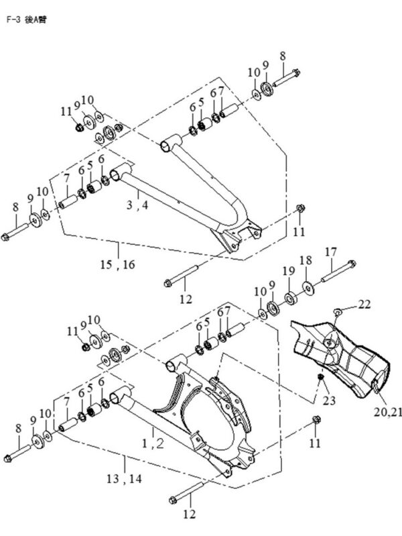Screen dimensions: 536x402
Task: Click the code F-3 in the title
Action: click(x=13, y=19)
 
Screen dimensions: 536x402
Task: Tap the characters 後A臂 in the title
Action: click(x=35, y=19)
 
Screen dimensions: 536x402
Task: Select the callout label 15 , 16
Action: click(x=119, y=264)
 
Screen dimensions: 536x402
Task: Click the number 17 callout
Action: click(x=331, y=251)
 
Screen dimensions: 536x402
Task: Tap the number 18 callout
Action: click(x=305, y=260)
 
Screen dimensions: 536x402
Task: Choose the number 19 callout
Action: click(x=287, y=270)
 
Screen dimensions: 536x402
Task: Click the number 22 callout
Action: click(x=363, y=304)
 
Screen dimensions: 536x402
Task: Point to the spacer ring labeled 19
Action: click(x=292, y=296)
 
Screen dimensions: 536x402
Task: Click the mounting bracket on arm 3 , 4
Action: click(x=238, y=238)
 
